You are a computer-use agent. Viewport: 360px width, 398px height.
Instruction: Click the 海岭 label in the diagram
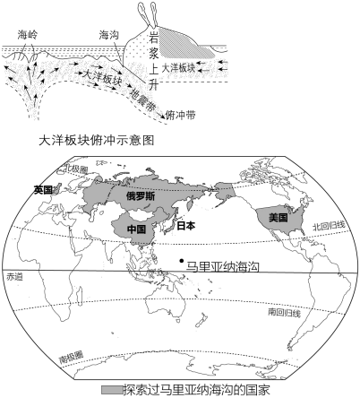pyautogui.click(x=28, y=35)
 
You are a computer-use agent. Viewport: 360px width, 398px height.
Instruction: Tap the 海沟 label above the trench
pyautogui.click(x=109, y=35)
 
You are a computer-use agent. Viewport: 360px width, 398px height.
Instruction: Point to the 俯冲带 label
pyautogui.click(x=181, y=115)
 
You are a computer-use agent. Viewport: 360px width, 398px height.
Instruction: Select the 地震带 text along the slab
pyautogui.click(x=141, y=100)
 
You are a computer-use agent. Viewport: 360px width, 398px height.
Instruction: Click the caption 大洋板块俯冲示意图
pyautogui.click(x=97, y=140)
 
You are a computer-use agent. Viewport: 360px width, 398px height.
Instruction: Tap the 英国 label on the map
pyautogui.click(x=43, y=189)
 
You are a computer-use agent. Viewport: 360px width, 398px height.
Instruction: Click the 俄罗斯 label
pyautogui.click(x=141, y=196)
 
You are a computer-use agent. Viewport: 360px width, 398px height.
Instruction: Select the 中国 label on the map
pyautogui.click(x=136, y=229)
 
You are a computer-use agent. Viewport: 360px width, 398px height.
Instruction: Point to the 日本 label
pyautogui.click(x=186, y=226)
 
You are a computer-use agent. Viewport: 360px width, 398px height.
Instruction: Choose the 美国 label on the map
pyautogui.click(x=278, y=218)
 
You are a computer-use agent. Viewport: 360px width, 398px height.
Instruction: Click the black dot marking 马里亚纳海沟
pyautogui.click(x=181, y=261)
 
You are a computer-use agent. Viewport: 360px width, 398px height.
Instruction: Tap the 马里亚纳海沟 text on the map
pyautogui.click(x=222, y=266)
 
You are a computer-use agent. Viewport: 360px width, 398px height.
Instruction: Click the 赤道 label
pyautogui.click(x=14, y=277)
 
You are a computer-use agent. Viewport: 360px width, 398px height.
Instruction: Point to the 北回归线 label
pyautogui.click(x=329, y=226)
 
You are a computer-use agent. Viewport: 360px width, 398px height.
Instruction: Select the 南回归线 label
pyautogui.click(x=285, y=313)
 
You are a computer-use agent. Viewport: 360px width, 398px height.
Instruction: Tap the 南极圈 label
pyautogui.click(x=71, y=357)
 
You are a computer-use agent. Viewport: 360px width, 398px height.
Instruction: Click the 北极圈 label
pyautogui.click(x=76, y=169)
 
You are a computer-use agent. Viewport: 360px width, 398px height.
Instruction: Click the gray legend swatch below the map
pyautogui.click(x=112, y=390)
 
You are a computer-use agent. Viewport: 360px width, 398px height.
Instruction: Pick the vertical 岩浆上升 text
pyautogui.click(x=153, y=60)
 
